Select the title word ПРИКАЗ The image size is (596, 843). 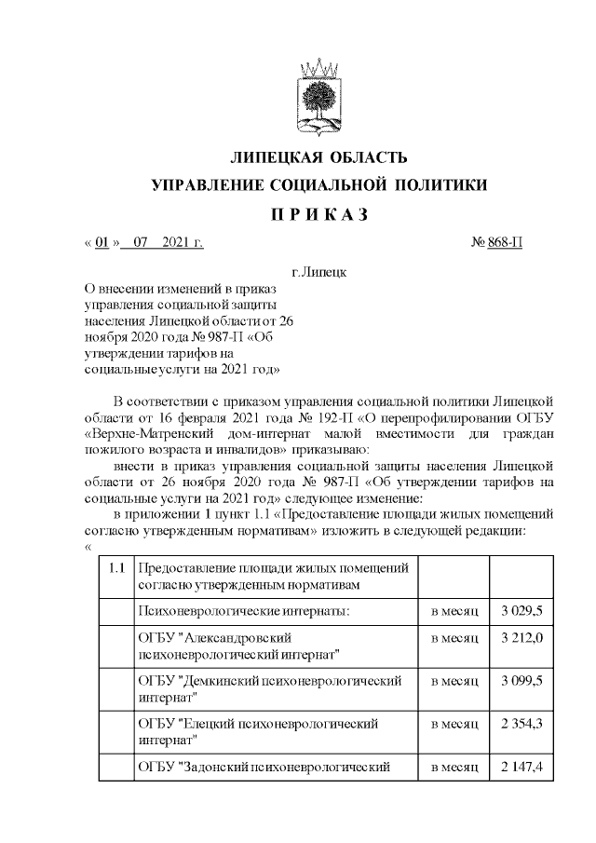(319, 214)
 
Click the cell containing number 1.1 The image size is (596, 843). (116, 567)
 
